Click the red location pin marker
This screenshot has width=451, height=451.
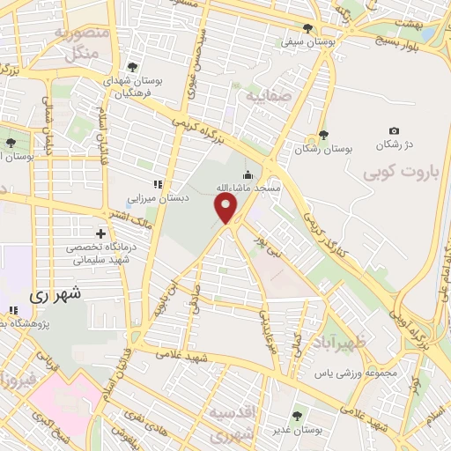click(x=226, y=208)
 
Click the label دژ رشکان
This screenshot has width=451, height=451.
click(x=394, y=144)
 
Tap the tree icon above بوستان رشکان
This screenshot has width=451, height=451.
click(x=323, y=135)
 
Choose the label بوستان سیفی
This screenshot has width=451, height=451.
click(x=307, y=41)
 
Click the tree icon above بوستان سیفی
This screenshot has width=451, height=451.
click(x=307, y=27)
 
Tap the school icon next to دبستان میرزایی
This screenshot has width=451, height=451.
click(x=159, y=184)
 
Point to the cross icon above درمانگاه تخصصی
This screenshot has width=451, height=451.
click(x=100, y=234)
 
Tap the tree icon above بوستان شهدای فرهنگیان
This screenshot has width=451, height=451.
click(x=132, y=66)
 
